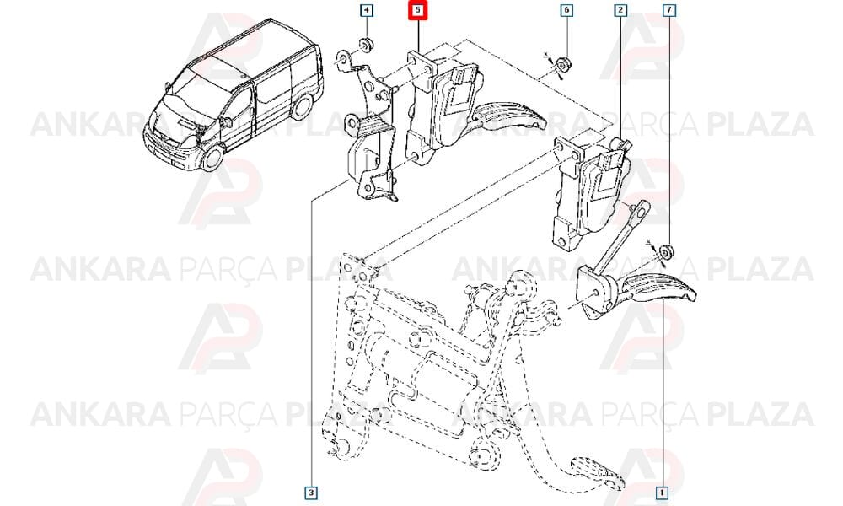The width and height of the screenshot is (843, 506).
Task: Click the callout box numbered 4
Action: pos(366,10)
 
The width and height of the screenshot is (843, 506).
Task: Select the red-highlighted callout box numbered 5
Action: pos(418,11)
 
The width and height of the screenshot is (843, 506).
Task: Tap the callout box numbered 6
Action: pos(566,10)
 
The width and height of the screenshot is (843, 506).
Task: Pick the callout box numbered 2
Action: pos(620,10)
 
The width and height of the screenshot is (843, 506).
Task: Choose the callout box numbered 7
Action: pos(668,10)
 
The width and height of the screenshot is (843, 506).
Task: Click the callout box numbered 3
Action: pos(311,492)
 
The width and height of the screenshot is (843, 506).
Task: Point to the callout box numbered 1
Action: pos(663,492)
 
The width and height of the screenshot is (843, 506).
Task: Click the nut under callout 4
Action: pos(367,46)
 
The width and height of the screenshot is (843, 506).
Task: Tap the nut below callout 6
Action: pos(563,64)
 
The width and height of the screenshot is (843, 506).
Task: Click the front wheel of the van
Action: pos(214,157)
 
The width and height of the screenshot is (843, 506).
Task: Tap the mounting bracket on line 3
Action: pos(369,129)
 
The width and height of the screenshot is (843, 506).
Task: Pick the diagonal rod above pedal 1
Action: pos(624,237)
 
